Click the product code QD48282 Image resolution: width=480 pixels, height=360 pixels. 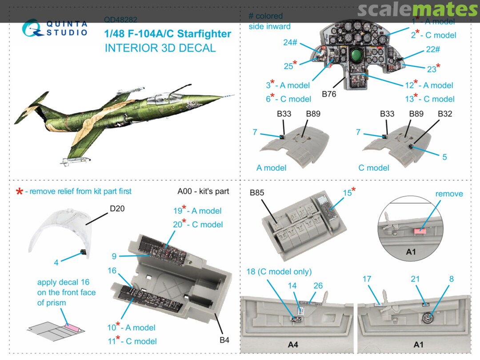pos(120,20)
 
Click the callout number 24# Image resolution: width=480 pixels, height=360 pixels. pos(290,43)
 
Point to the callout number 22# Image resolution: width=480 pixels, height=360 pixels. pos(433,50)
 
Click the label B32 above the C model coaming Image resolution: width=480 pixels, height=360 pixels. pos(445,114)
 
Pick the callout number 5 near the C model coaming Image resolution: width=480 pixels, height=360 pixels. pos(444,157)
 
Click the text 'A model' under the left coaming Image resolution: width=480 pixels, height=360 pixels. pos(271,168)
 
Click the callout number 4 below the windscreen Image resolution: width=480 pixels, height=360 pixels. pos(56,263)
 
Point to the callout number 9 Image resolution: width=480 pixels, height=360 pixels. pos(114,256)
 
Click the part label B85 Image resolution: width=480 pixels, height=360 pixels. pos(257,193)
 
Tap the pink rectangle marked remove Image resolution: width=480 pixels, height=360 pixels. pos(420,231)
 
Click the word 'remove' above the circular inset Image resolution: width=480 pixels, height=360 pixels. pos(449,194)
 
